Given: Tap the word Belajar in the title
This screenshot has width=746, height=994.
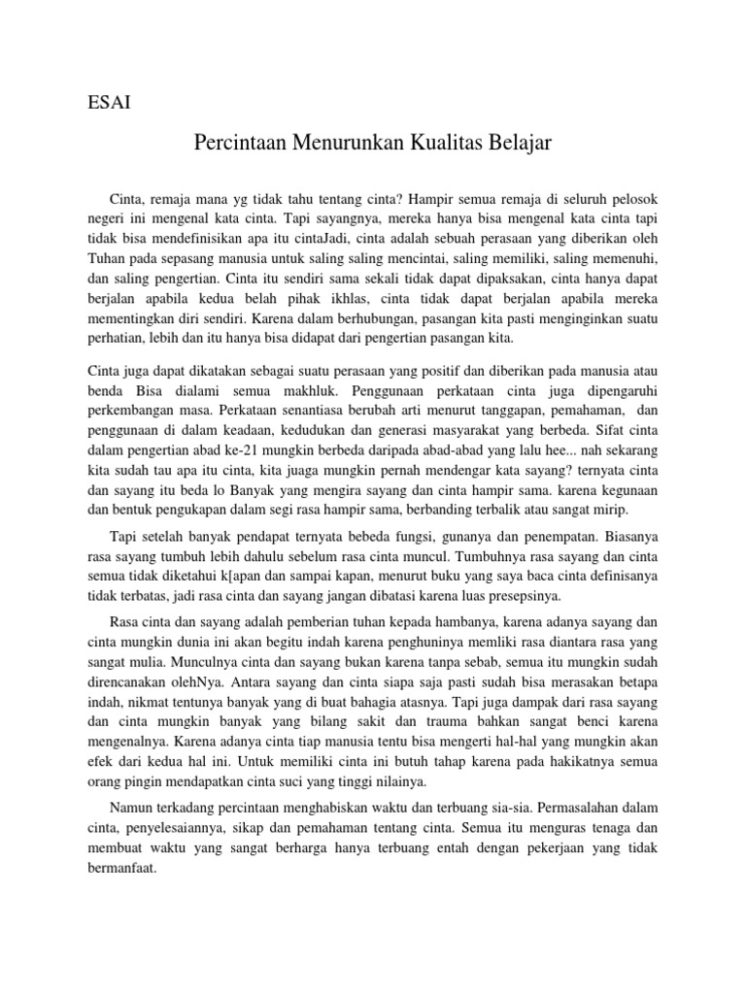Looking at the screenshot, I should coord(522,143).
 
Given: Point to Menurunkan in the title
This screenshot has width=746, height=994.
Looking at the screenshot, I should coord(357,143).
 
